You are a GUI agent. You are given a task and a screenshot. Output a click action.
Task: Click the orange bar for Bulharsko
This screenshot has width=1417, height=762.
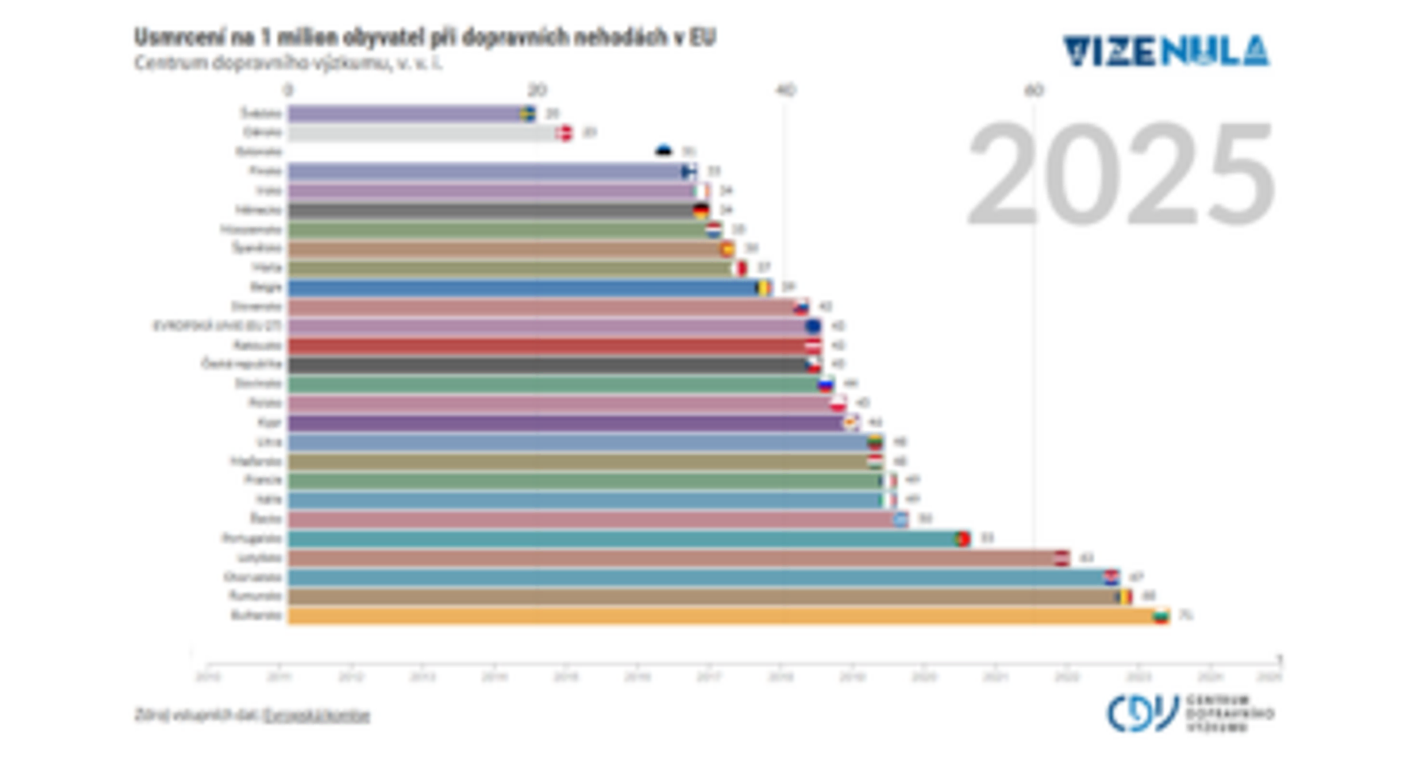[x=708, y=616]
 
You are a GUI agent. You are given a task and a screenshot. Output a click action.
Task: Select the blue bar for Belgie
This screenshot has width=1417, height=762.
[x=520, y=287]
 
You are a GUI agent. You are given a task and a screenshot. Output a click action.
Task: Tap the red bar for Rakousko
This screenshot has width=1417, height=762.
[x=543, y=345]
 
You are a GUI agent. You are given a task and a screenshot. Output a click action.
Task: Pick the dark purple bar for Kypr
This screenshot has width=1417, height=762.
[x=561, y=423]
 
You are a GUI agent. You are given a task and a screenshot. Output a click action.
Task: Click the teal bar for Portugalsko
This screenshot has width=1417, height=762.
[x=620, y=538]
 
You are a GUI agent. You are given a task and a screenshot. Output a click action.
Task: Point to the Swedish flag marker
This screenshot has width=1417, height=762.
[x=528, y=113]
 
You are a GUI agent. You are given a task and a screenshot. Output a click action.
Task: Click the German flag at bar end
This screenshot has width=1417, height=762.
[x=701, y=210]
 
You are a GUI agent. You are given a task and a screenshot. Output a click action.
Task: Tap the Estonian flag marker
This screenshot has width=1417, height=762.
[x=664, y=151]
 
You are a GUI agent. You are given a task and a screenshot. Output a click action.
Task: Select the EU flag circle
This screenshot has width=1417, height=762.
[x=813, y=326]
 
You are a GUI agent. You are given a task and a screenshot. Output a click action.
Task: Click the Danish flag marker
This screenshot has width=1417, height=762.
[x=564, y=133]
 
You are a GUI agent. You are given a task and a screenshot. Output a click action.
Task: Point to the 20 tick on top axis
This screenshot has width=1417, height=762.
[x=537, y=90]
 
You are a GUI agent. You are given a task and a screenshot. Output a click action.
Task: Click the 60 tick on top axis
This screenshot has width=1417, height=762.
[x=1034, y=90]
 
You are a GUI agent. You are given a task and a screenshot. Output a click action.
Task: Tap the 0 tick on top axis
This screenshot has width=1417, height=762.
[x=288, y=90]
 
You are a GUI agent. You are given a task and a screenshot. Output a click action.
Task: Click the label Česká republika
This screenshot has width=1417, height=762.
[x=242, y=364]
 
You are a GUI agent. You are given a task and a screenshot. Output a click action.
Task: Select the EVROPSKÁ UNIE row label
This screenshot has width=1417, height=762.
[x=217, y=326]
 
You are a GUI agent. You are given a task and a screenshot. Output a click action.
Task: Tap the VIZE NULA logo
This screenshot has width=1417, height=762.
[x=1166, y=51]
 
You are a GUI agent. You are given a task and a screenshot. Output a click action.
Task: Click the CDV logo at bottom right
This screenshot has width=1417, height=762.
[x=1190, y=714]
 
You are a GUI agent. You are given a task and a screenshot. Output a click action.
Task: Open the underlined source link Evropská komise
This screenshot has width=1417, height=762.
[x=316, y=715]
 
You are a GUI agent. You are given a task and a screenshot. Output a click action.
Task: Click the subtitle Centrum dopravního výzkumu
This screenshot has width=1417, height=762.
[x=288, y=63]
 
